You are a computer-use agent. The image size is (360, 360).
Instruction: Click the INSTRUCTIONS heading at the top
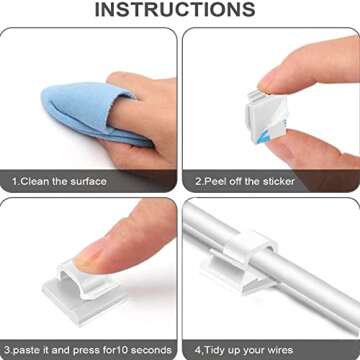(180, 10)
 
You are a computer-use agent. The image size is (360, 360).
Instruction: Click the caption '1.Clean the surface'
(59, 181)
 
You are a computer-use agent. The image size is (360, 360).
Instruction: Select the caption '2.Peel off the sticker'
(245, 181)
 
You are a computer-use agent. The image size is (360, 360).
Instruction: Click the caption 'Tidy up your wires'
(244, 351)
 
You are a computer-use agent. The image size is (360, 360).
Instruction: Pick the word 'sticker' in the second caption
(277, 181)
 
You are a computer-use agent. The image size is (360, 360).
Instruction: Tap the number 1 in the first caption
(15, 181)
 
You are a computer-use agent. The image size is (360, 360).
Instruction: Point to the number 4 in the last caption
(199, 351)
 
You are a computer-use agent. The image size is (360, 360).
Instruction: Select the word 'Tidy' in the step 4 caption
(215, 351)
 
